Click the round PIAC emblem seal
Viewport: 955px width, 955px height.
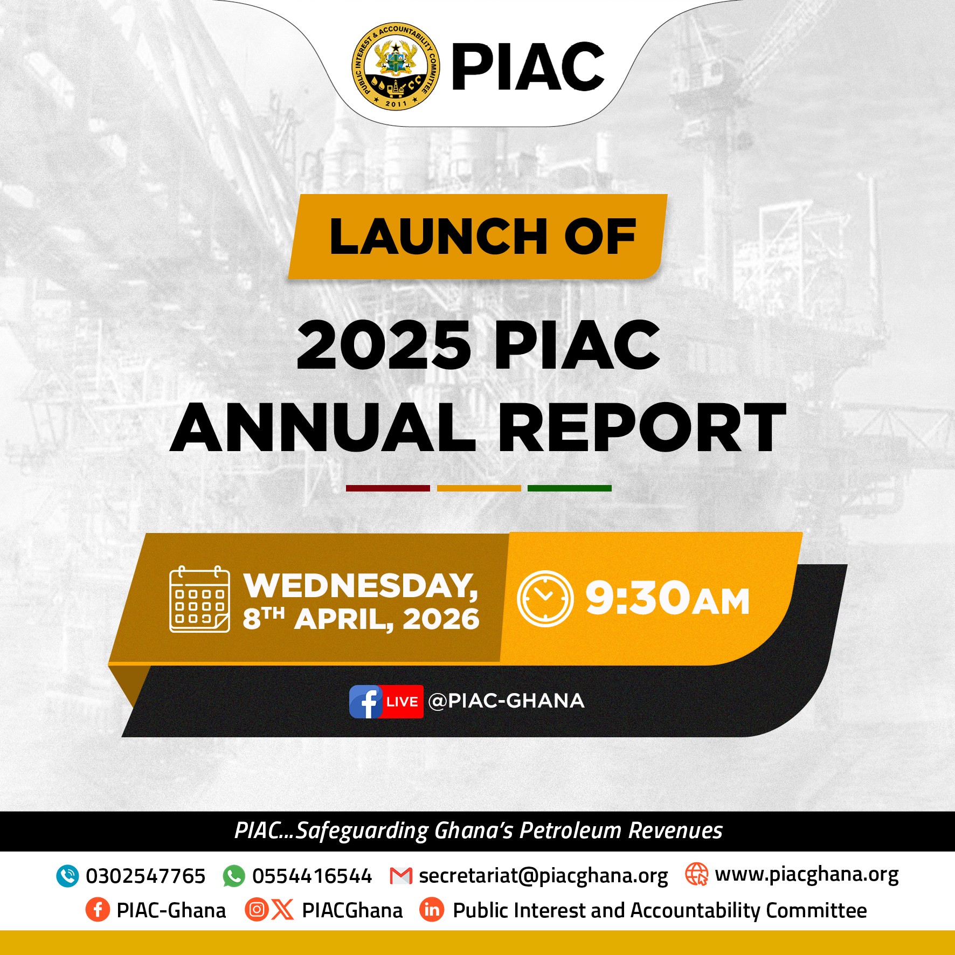[396, 66]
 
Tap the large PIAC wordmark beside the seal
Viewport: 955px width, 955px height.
[528, 66]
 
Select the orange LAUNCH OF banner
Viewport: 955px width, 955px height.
[477, 237]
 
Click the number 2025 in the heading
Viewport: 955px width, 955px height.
[384, 345]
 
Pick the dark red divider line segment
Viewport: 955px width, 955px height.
[388, 488]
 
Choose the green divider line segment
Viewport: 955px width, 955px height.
[570, 488]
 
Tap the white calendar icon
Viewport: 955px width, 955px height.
[199, 599]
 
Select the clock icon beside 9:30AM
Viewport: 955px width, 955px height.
[545, 598]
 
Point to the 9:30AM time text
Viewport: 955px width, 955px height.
[668, 598]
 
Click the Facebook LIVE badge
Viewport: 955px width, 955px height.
[386, 702]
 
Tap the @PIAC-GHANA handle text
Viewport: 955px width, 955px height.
[507, 701]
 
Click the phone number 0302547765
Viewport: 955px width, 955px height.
[146, 876]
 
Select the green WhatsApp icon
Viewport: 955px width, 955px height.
[234, 876]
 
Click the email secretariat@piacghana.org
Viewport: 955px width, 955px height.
[543, 876]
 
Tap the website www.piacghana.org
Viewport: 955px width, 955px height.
[807, 875]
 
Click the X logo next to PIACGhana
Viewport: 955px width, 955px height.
[282, 910]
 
